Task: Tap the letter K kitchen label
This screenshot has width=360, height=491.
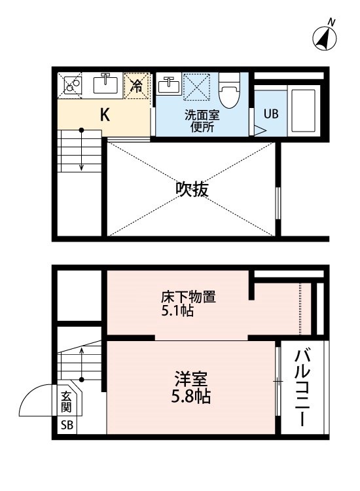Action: [x=105, y=115]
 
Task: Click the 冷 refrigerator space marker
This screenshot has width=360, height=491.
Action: [x=137, y=86]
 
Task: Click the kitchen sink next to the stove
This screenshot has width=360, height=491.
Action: [x=105, y=83]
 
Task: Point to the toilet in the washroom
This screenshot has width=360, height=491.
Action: [x=229, y=90]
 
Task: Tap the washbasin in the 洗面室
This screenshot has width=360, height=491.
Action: [x=169, y=84]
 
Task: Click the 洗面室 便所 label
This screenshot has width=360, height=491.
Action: [x=202, y=121]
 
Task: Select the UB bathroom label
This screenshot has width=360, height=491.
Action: [x=271, y=114]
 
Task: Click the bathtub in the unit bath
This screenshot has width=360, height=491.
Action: [x=303, y=111]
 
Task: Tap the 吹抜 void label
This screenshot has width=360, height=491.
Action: [x=192, y=189]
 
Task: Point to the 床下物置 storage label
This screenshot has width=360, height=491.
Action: [x=189, y=297]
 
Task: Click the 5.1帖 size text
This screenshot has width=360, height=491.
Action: [x=177, y=311]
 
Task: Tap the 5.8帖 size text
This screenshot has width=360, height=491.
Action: [x=190, y=397]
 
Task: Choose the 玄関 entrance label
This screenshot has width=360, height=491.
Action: [x=66, y=402]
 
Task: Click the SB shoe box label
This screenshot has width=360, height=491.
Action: [x=67, y=426]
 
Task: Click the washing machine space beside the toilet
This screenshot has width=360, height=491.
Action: [x=196, y=87]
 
